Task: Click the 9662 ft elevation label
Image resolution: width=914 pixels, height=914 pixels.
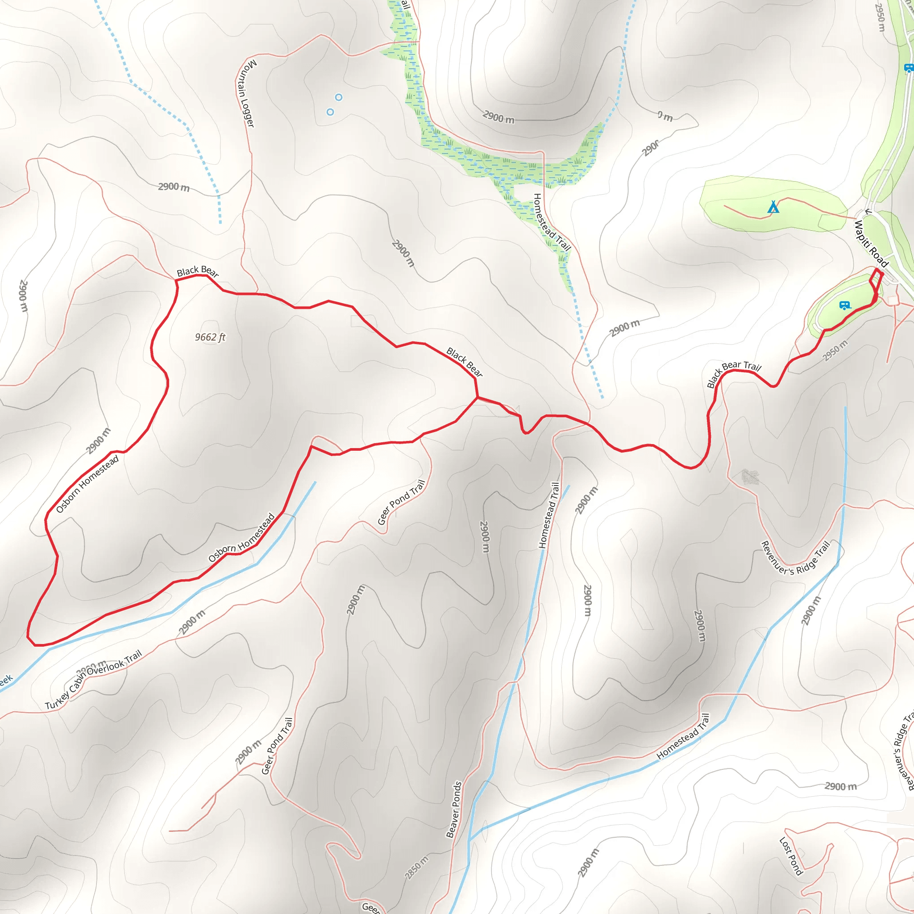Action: pyautogui.click(x=210, y=337)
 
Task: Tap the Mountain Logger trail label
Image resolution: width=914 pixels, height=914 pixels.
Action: pyautogui.click(x=246, y=93)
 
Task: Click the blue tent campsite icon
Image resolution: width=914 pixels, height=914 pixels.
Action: pyautogui.click(x=773, y=207)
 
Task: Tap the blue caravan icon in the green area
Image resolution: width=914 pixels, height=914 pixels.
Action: pyautogui.click(x=845, y=306)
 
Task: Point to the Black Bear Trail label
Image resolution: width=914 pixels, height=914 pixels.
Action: pyautogui.click(x=734, y=373)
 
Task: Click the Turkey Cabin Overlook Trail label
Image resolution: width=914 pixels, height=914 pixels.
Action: pyautogui.click(x=93, y=680)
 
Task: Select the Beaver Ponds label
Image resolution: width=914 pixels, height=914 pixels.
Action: pyautogui.click(x=454, y=809)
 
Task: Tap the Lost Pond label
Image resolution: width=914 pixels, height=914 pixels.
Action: pyautogui.click(x=791, y=856)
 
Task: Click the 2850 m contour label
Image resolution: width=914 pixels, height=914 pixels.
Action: pyautogui.click(x=417, y=867)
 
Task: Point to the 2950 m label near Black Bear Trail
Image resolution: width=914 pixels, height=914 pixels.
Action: pyautogui.click(x=835, y=350)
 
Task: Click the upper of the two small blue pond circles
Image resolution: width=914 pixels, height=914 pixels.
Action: pyautogui.click(x=339, y=97)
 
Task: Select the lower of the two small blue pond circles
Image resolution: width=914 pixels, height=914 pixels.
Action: pyautogui.click(x=330, y=112)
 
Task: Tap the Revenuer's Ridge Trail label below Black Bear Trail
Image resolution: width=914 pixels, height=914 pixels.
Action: pyautogui.click(x=795, y=559)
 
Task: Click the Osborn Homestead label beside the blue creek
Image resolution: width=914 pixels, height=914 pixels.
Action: pyautogui.click(x=242, y=538)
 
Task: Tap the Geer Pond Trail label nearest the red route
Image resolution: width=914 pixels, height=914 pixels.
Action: pyautogui.click(x=401, y=503)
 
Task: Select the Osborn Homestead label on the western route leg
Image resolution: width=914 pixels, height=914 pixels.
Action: pyautogui.click(x=87, y=484)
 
